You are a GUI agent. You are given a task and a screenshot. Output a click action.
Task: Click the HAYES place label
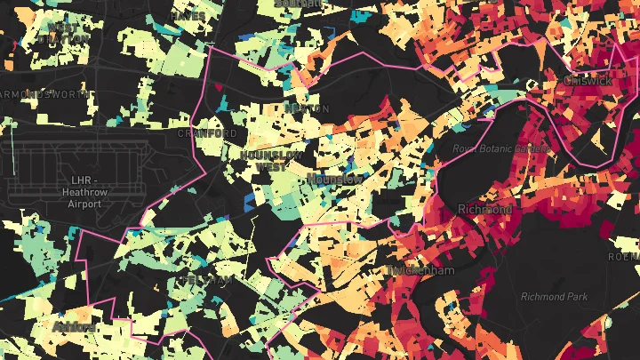188,16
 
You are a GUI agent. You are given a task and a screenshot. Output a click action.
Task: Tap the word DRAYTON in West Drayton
69,38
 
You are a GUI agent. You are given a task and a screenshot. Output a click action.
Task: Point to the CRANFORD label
208,133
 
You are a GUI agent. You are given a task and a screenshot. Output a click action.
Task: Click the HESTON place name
300,108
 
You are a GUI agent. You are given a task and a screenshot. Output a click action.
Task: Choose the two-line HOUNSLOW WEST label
274,160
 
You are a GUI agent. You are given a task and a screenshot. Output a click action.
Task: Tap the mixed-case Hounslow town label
334,179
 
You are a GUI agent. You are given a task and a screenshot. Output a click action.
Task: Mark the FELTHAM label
204,279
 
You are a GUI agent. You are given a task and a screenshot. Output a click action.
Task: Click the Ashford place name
74,327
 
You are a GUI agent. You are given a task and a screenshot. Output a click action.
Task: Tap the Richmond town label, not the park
484,209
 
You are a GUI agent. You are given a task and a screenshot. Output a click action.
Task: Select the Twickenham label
420,269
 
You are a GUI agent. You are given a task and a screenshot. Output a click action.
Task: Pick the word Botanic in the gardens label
500,148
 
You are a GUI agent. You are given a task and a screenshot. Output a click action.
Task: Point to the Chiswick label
588,80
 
